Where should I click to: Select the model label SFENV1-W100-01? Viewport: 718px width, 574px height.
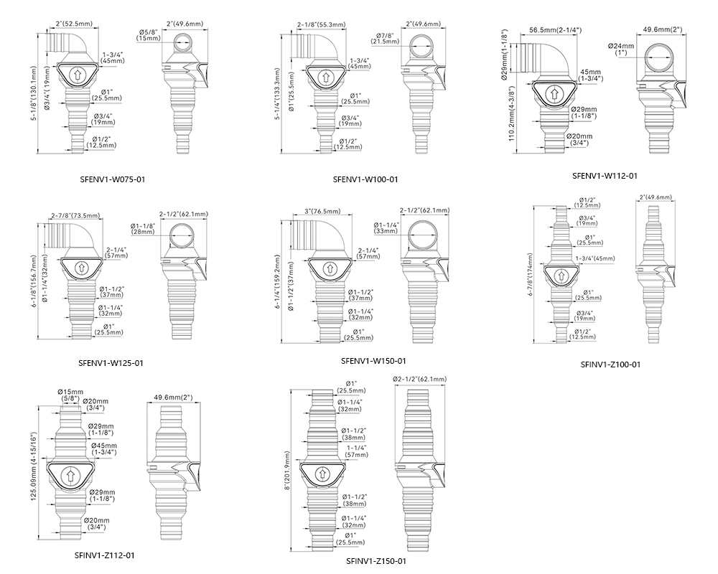click(365, 179)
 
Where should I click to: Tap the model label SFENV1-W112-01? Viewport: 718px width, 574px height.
click(605, 175)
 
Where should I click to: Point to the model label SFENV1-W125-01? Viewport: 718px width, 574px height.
click(111, 363)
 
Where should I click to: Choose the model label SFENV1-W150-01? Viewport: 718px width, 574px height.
click(374, 360)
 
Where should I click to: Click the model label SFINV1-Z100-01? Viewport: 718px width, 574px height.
click(610, 364)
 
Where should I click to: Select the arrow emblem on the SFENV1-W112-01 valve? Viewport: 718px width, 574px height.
click(554, 93)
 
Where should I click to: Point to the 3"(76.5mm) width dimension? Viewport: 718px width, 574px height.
click(324, 212)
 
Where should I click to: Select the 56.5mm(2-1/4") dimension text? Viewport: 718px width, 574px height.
click(555, 30)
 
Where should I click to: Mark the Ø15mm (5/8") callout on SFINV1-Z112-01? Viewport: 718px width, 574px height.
click(69, 395)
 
